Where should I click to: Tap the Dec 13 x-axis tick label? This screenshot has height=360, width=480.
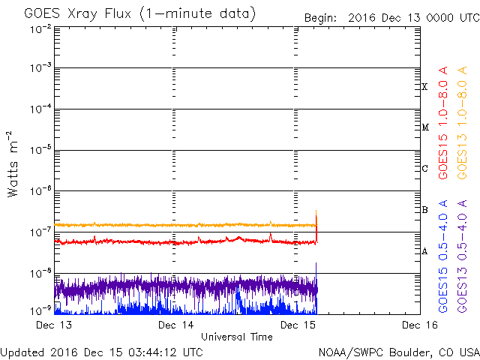(x=54, y=325)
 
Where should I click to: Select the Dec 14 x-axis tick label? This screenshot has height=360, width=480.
(x=177, y=325)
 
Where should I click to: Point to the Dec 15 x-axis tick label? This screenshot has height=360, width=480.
(x=298, y=325)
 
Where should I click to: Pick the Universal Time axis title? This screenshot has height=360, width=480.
(x=236, y=337)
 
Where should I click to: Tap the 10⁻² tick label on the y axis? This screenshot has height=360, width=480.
(x=40, y=29)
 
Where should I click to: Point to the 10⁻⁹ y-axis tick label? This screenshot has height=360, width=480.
(x=40, y=310)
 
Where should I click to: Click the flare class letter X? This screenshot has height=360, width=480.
(x=424, y=87)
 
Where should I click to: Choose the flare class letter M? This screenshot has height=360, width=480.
(x=424, y=127)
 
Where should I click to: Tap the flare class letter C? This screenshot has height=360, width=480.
(x=424, y=169)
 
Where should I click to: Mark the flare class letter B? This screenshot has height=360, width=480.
(x=424, y=210)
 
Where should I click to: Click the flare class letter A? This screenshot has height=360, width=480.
(x=424, y=251)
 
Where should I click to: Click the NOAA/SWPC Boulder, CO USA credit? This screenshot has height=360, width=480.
(x=398, y=352)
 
